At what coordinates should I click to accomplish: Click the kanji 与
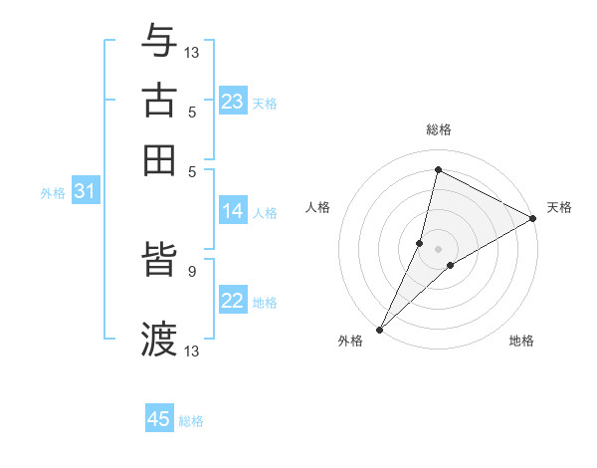coord(159,42)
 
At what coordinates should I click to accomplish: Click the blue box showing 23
coord(233,102)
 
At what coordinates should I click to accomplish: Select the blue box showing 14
coord(233,211)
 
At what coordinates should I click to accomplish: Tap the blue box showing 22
coord(233,301)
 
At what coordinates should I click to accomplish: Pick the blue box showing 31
coord(85,192)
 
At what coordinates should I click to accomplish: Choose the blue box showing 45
coord(159,419)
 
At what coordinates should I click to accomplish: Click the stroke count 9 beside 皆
coord(191,270)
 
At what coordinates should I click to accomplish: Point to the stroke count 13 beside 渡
coord(192,351)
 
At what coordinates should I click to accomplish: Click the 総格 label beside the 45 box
coord(191,421)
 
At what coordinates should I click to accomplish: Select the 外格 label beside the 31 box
coord(53,193)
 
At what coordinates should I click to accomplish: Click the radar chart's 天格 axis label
coord(559,207)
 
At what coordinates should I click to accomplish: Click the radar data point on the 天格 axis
coord(533,219)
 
